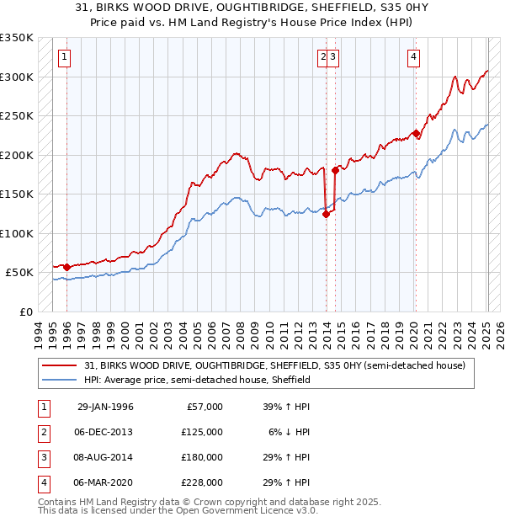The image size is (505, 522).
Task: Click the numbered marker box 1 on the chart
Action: (x=66, y=57)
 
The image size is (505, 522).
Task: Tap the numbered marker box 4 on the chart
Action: (x=414, y=57)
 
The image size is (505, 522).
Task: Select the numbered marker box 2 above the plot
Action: (x=323, y=57)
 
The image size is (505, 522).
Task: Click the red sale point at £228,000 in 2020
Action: (x=416, y=133)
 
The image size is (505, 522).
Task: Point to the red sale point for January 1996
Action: (x=67, y=267)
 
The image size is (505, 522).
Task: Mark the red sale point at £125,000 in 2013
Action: (x=326, y=214)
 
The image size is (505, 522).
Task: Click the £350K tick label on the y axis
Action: (x=17, y=38)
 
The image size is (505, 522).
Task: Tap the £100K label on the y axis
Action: (x=17, y=233)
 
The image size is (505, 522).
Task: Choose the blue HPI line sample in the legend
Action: (x=60, y=380)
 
